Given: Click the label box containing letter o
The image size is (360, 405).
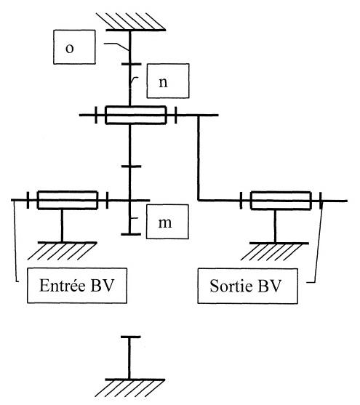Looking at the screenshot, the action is point(74,47).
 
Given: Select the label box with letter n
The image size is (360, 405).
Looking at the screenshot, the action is point(168,81).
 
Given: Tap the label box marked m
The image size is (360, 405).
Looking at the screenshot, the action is point(167,222).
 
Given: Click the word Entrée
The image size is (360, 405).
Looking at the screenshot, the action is point(63,286).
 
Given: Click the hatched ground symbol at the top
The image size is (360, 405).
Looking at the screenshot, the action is point(132,22).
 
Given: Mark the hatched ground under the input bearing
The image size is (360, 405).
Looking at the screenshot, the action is point(63,251).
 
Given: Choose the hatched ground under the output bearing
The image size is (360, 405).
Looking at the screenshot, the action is point(275,251).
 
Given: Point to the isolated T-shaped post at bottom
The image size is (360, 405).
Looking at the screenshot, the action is point(129,358).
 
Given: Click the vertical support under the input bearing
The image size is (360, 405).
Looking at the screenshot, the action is point(62,225).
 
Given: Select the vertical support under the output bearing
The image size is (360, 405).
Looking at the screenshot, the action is point(275,226).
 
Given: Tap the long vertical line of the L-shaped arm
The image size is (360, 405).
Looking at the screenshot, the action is point(199,158).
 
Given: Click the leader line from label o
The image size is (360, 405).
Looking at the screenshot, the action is point(116,47).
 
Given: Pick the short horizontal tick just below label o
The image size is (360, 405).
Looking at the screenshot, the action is point(132,64).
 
